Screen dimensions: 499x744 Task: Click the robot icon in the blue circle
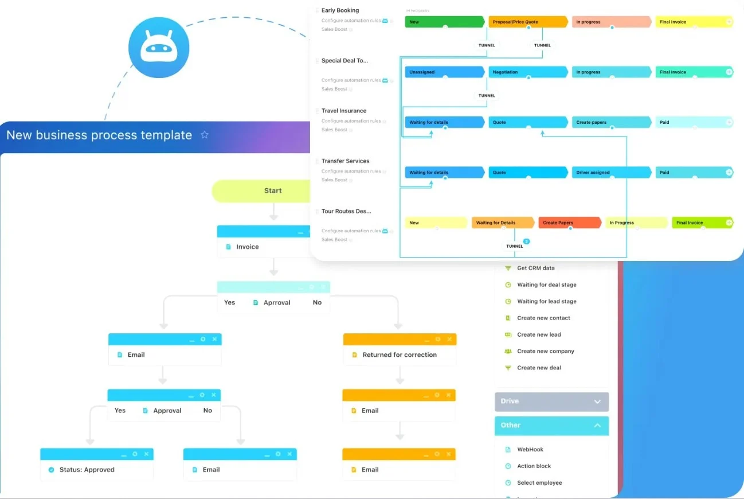[x=159, y=48]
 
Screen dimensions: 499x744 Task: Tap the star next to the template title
[x=205, y=135]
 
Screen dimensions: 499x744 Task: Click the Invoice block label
[x=248, y=247]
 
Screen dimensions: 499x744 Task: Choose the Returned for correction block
[x=400, y=355]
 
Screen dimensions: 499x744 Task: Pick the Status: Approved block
[x=87, y=470]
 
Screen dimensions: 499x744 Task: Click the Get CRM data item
[x=535, y=268]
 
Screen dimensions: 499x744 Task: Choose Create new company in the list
[x=545, y=351]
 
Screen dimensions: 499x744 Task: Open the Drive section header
[x=551, y=401]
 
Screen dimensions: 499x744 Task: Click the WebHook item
[x=530, y=450]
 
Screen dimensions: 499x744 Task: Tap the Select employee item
[x=539, y=483]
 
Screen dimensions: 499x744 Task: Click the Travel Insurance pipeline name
[x=344, y=111]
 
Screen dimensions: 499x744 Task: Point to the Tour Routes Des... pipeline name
[x=346, y=212]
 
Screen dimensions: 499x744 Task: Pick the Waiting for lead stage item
[x=546, y=301]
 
